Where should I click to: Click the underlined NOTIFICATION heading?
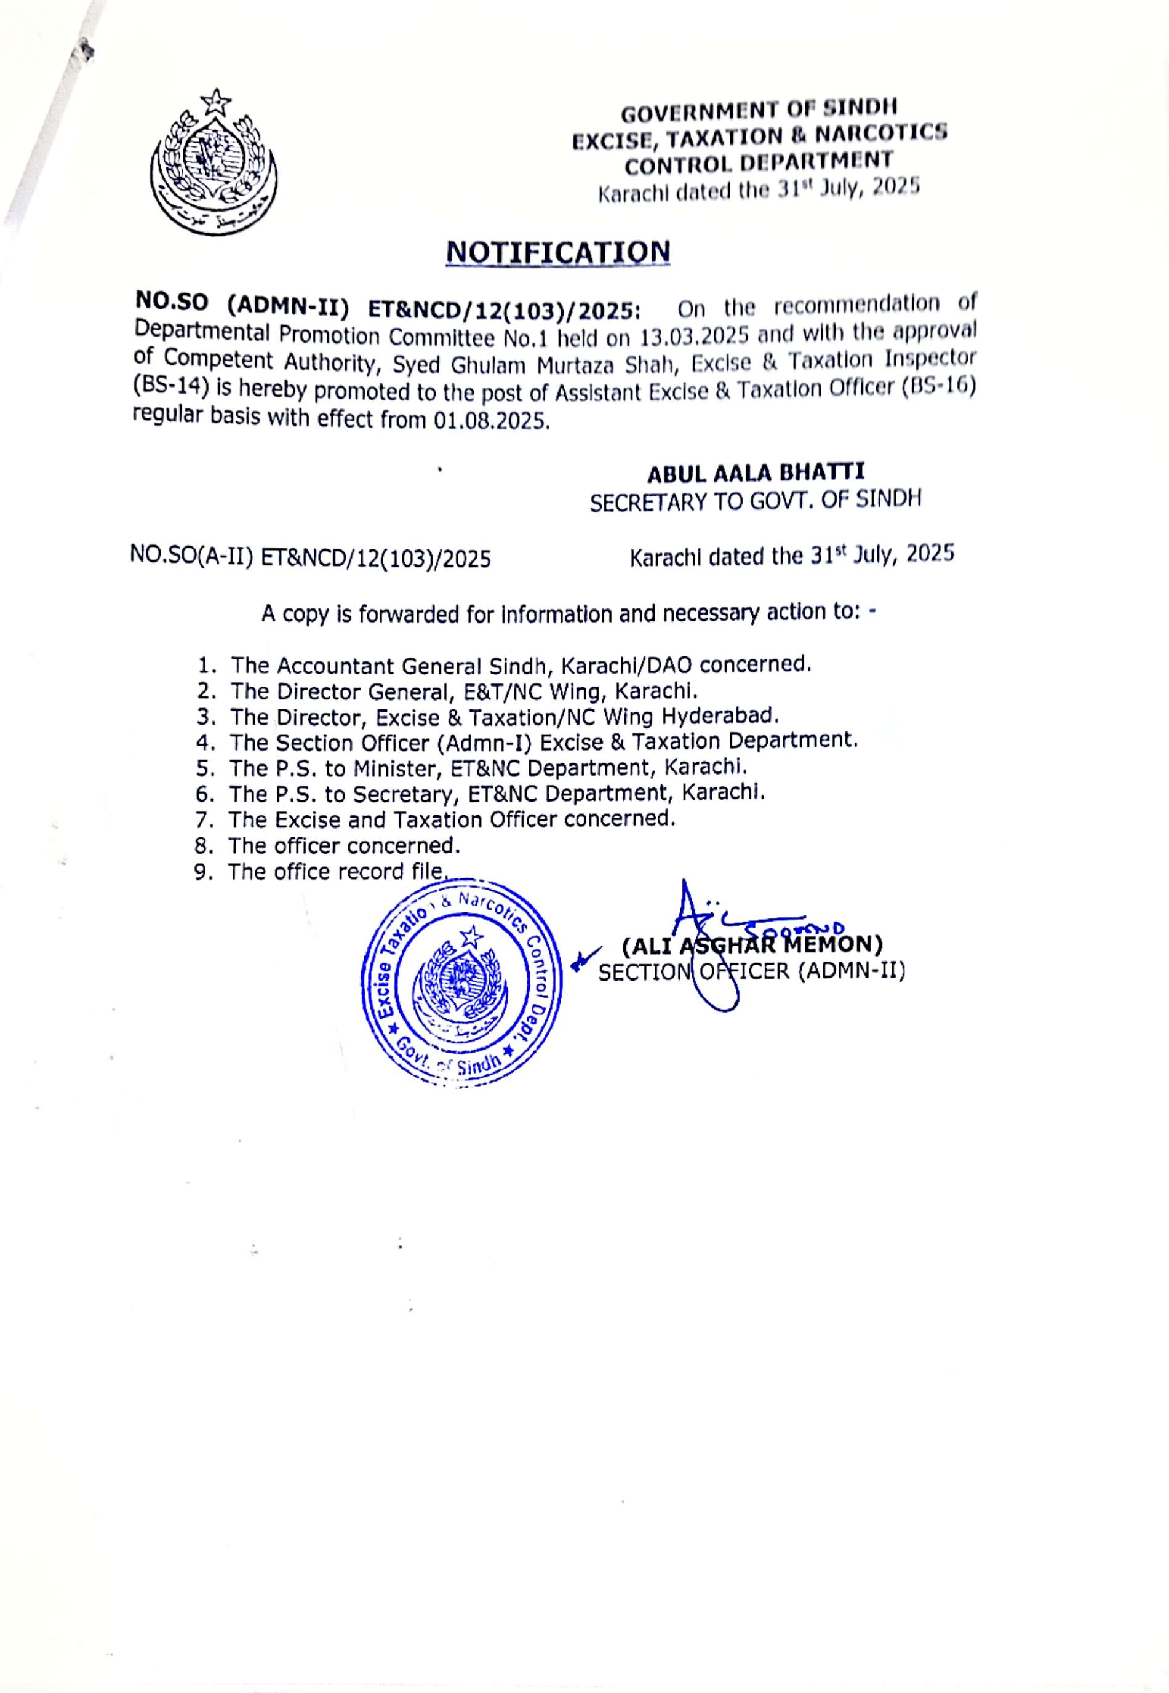(x=558, y=252)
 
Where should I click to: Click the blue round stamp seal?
(x=462, y=985)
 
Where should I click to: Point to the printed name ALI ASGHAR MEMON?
(x=752, y=945)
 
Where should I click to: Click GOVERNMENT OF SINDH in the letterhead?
(x=759, y=112)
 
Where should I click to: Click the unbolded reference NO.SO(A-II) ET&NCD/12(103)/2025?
(x=311, y=558)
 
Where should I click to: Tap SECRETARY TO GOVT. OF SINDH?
(x=756, y=501)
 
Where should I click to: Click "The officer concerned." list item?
(x=343, y=846)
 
